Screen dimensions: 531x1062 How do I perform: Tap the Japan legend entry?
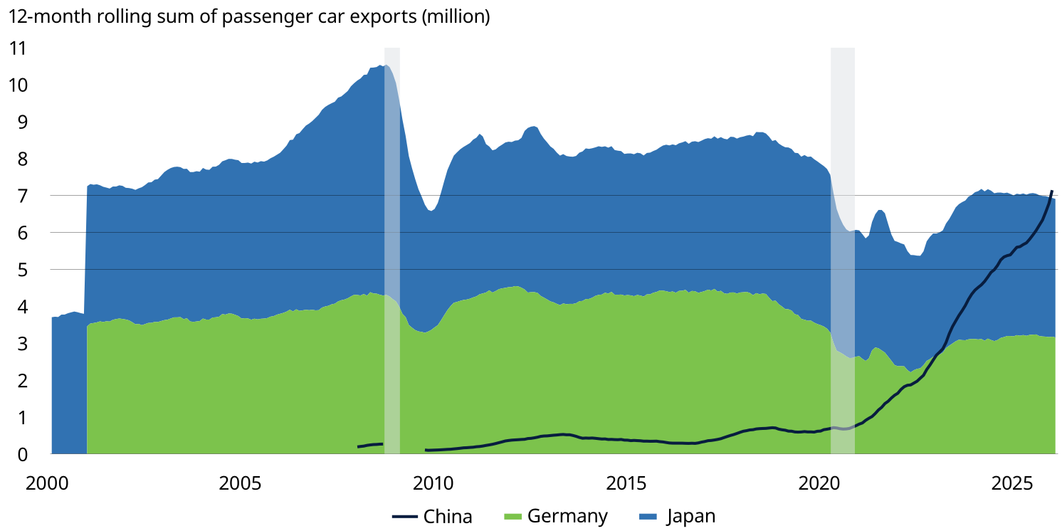point(690,516)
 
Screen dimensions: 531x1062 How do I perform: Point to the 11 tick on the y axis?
point(17,48)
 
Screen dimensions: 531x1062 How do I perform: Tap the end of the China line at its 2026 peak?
point(1052,191)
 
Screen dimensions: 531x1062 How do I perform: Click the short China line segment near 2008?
point(370,445)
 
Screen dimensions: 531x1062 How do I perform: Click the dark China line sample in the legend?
point(404,516)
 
